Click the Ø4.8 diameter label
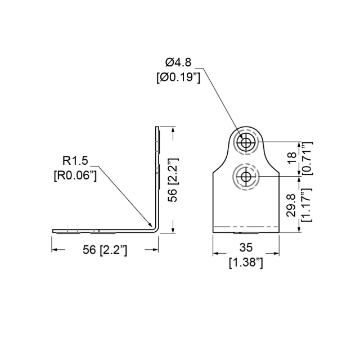(x=178, y=62)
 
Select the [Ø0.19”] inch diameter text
(x=178, y=78)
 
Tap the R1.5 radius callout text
(x=75, y=160)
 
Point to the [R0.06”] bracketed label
(x=75, y=176)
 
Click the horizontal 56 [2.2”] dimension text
(x=105, y=250)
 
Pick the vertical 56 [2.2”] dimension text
(x=173, y=180)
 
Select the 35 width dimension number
(x=246, y=247)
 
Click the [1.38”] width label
(x=246, y=262)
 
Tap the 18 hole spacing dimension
(x=291, y=157)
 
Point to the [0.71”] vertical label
(x=307, y=158)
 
